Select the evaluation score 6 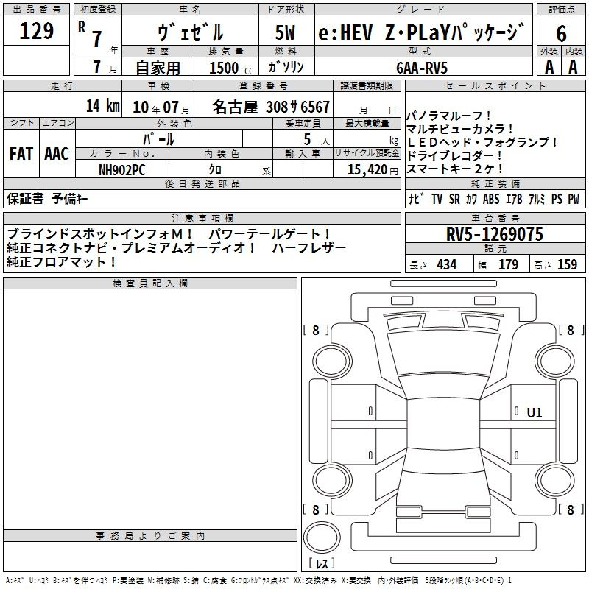point(561,34)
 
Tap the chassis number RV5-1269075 point(495,235)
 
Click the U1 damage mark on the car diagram point(534,413)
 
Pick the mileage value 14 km point(102,106)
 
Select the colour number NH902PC point(121,169)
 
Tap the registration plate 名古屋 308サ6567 point(271,107)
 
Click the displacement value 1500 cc point(225,68)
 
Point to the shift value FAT point(21,153)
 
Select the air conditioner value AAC point(57,153)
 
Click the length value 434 point(446,264)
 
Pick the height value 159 point(567,264)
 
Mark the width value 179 point(508,264)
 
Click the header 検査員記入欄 point(150,283)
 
